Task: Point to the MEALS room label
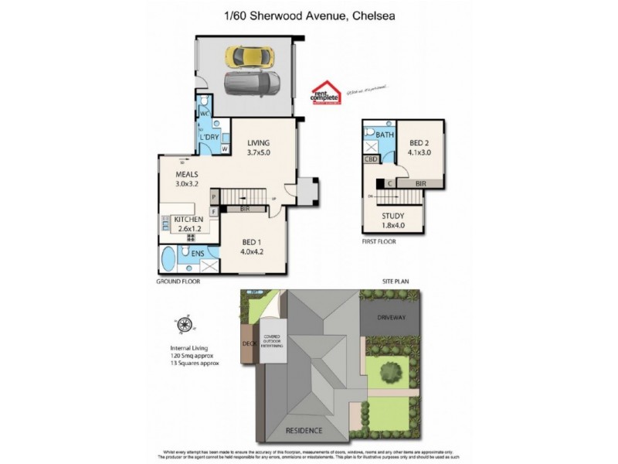188,175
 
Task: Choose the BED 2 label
420,144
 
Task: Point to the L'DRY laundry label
210,138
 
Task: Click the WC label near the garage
205,114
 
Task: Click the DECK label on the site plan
249,343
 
